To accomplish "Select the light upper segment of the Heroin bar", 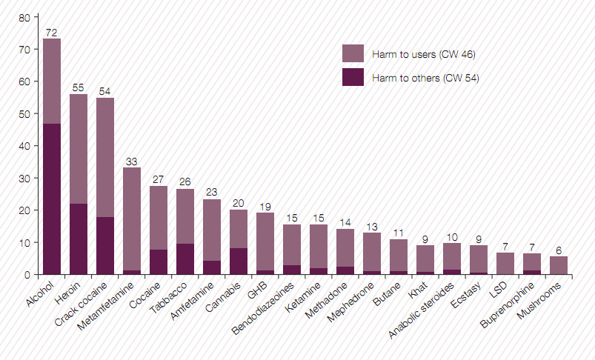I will tap(79, 148).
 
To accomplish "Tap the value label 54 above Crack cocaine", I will tap(105, 91).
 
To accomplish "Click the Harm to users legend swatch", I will tap(353, 53).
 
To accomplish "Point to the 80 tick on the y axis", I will tap(25, 17).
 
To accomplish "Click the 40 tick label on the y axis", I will tap(25, 146).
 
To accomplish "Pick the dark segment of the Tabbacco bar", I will tap(185, 259).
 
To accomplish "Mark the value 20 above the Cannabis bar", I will tap(239, 203).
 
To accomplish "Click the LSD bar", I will tap(505, 264).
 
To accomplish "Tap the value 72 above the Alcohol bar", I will tap(52, 33).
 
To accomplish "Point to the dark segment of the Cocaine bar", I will tap(159, 262).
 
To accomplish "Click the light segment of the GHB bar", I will tap(265, 241).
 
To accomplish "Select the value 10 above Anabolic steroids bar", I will tap(452, 236).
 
